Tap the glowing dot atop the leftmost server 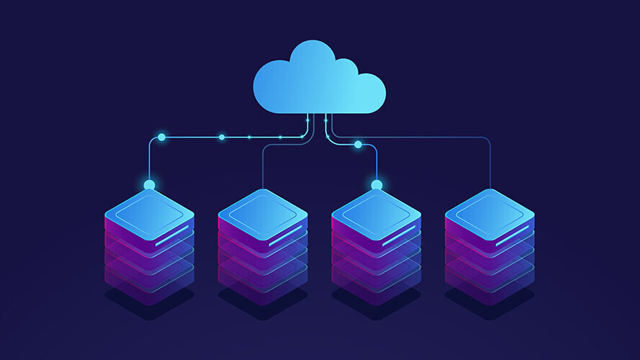pyautogui.click(x=149, y=185)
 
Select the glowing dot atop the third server pyautogui.click(x=377, y=185)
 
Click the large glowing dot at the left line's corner pyautogui.click(x=161, y=136)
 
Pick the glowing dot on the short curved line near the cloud pyautogui.click(x=358, y=145)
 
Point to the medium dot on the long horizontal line pyautogui.click(x=222, y=136)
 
